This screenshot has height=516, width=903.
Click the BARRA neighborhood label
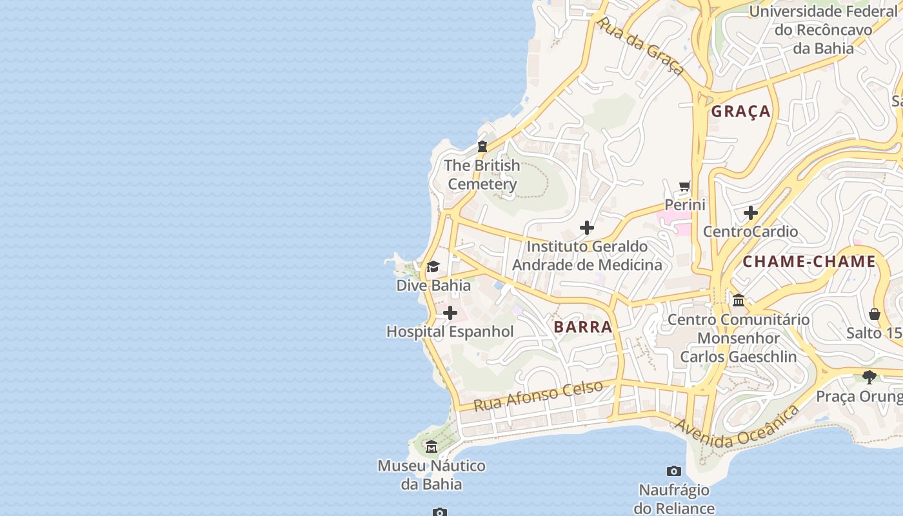[x=582, y=327]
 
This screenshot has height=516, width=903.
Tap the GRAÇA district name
[x=740, y=112]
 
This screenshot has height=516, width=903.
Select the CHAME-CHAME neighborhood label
[x=809, y=262]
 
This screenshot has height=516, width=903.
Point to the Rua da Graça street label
[x=639, y=46]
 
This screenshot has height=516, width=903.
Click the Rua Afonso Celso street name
[x=539, y=395]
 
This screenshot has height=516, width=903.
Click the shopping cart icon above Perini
[x=684, y=187]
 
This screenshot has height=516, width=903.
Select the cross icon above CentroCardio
[x=750, y=213]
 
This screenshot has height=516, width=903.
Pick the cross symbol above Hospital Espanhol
[x=450, y=313]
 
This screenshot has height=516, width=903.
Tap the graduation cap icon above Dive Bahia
[x=433, y=267]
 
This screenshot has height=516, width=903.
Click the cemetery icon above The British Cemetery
[x=482, y=146]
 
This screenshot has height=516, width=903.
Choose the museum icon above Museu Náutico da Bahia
[x=432, y=446]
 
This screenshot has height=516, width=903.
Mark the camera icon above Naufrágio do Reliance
[x=673, y=471]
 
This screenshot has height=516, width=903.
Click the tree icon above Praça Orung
[x=869, y=377]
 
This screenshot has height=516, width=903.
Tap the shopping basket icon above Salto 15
[x=875, y=314]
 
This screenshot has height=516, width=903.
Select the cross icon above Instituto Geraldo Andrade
[x=586, y=228]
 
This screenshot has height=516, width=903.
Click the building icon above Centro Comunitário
[x=739, y=301]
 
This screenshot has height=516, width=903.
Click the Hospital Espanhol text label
[x=450, y=332]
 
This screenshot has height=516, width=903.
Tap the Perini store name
[x=685, y=205]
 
